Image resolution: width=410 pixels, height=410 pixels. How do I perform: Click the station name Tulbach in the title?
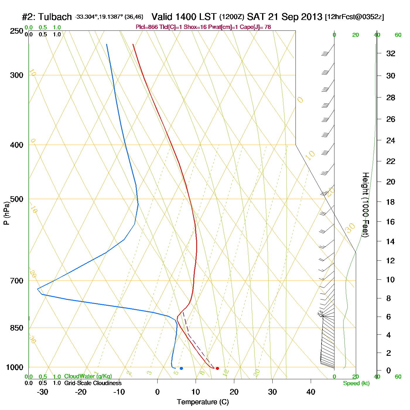(55, 17)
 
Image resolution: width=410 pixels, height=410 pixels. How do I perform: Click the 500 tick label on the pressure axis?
(17, 199)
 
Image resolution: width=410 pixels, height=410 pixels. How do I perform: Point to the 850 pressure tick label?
(17, 328)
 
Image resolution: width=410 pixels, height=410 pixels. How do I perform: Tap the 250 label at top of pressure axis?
(17, 31)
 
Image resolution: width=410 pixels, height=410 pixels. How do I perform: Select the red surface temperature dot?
(217, 368)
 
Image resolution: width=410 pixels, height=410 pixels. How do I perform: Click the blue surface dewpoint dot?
(181, 368)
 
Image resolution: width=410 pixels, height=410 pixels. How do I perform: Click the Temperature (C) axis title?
(203, 402)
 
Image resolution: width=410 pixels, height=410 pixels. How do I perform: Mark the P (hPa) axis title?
(6, 213)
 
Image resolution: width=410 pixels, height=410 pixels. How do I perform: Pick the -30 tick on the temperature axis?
(42, 392)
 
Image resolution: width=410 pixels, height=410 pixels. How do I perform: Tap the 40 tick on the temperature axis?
(311, 392)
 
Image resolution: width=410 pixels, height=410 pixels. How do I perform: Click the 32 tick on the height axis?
(391, 54)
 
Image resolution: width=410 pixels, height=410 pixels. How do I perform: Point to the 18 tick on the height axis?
(390, 202)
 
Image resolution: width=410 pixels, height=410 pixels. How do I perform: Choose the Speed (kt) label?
(356, 383)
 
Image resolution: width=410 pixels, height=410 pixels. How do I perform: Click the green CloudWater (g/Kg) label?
(88, 376)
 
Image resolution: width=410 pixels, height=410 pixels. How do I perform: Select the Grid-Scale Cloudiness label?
(93, 383)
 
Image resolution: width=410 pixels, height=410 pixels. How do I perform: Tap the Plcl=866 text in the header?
(147, 27)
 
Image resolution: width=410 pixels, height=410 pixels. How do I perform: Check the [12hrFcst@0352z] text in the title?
(354, 17)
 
